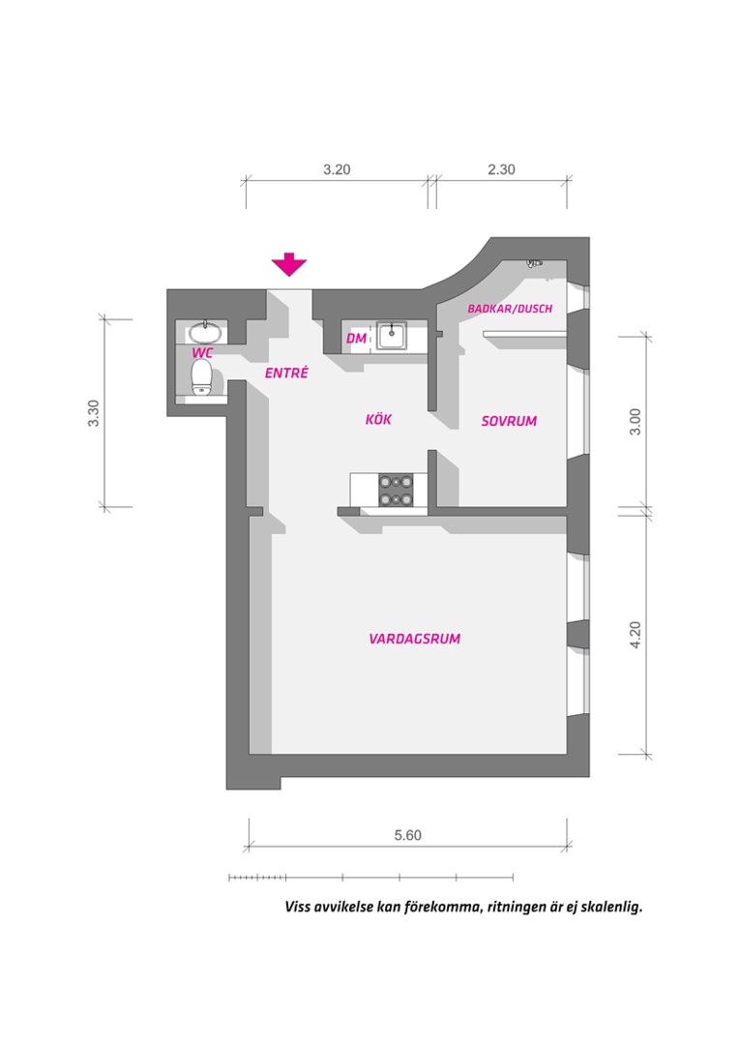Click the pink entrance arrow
289,264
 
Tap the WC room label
202,352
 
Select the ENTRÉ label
286,373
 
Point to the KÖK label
378,419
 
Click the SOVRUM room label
509,421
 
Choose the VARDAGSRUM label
415,639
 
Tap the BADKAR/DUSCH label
510,309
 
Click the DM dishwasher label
357,339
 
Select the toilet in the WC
201,377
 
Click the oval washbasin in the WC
205,331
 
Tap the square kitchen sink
392,335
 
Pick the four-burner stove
396,490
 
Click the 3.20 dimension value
338,169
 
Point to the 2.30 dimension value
501,169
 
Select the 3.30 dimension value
93,413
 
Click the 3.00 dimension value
636,421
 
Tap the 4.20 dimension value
636,635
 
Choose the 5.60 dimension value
408,835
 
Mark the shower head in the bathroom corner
534,263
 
